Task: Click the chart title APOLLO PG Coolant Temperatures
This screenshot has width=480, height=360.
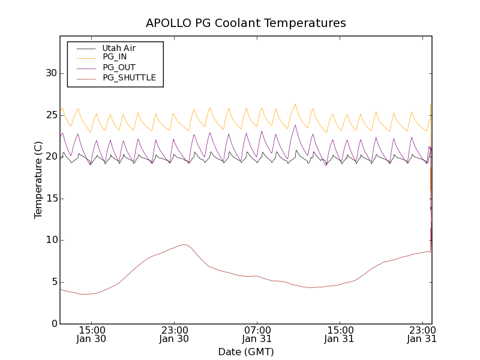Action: (246, 23)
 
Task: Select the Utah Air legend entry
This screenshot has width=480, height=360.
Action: (119, 48)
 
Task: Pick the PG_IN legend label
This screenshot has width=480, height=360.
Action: (115, 56)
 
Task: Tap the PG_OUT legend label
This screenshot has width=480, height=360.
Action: (119, 67)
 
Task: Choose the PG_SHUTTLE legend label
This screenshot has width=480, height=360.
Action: (129, 77)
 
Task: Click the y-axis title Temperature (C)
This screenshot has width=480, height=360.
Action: (38, 180)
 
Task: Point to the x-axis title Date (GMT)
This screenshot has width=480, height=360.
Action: (246, 352)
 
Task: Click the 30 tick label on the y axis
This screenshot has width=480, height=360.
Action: (51, 73)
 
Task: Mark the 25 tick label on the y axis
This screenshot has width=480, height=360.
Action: (51, 115)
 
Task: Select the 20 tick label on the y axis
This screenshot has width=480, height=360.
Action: (51, 157)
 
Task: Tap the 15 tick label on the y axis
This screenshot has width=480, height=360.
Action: (51, 199)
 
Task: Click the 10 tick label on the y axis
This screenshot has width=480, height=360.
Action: (51, 240)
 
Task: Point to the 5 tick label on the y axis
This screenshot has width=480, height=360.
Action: (54, 282)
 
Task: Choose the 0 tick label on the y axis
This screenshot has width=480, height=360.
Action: (54, 324)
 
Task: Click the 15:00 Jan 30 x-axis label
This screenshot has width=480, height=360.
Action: (92, 334)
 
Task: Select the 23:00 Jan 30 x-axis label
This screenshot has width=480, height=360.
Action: (175, 334)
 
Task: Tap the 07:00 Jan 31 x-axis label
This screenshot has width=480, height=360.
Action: (257, 334)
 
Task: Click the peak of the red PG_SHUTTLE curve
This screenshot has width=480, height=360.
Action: (185, 244)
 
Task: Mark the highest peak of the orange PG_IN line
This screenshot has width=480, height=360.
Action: (295, 104)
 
